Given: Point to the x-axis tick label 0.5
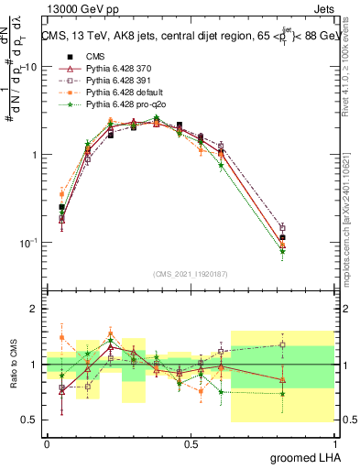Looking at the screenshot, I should (x=191, y=444).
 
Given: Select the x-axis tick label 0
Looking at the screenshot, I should (x=47, y=444).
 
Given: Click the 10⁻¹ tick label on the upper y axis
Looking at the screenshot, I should (x=29, y=243).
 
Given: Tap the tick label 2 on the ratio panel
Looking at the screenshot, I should (x=37, y=310).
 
